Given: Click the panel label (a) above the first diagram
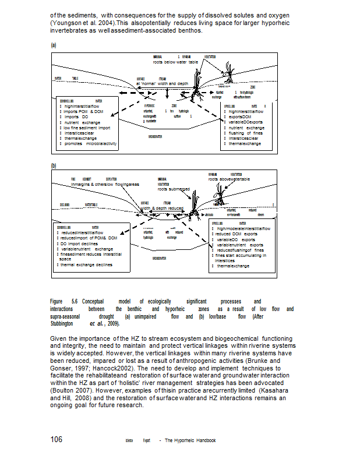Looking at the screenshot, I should [x=53, y=44].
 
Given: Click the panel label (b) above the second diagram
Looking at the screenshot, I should [x=53, y=166].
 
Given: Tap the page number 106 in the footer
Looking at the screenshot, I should [x=57, y=440].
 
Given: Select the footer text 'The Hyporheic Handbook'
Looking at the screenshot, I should [x=190, y=440].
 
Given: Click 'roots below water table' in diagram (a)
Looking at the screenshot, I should [x=176, y=61].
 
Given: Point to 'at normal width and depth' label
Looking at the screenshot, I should [x=163, y=83].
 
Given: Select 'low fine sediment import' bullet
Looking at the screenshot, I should [x=87, y=128].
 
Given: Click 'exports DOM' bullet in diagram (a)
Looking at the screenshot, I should [x=239, y=116].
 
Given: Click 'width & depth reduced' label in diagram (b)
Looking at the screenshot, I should [x=162, y=208].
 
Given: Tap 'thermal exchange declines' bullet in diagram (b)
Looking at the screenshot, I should [x=86, y=264].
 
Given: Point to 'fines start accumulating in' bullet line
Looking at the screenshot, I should [x=241, y=255].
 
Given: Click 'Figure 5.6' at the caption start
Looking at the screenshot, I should [x=64, y=301].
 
